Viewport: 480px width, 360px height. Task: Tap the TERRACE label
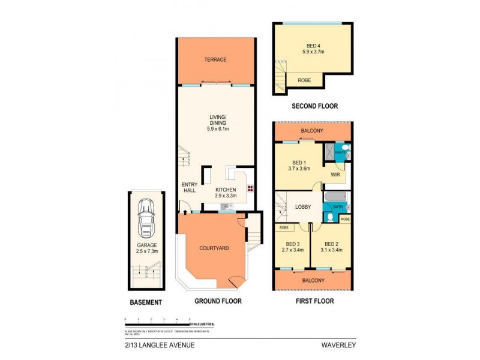click(x=215, y=59)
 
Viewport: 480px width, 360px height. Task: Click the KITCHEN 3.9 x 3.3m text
click(x=226, y=192)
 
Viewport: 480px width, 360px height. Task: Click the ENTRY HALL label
click(x=190, y=187)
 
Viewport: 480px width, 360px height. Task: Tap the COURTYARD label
click(x=214, y=247)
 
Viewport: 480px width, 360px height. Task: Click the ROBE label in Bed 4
click(x=304, y=79)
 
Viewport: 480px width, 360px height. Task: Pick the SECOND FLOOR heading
click(x=314, y=106)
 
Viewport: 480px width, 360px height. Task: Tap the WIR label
click(x=335, y=175)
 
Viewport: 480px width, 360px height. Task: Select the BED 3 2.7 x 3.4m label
click(x=293, y=247)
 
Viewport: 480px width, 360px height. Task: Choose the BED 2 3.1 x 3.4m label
click(x=331, y=247)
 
